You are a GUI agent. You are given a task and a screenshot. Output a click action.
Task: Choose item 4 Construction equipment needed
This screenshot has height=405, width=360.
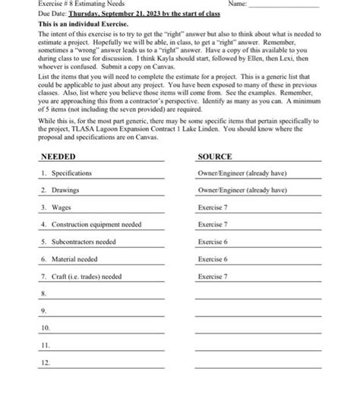(90, 225)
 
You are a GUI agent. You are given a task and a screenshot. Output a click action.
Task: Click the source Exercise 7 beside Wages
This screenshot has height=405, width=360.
(213, 207)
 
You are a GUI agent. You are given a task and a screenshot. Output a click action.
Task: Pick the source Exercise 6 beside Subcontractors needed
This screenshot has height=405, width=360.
(213, 242)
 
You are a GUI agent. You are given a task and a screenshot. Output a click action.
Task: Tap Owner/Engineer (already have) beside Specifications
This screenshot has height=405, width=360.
(242, 173)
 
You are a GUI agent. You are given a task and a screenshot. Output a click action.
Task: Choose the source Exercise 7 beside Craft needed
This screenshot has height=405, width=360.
(213, 277)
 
